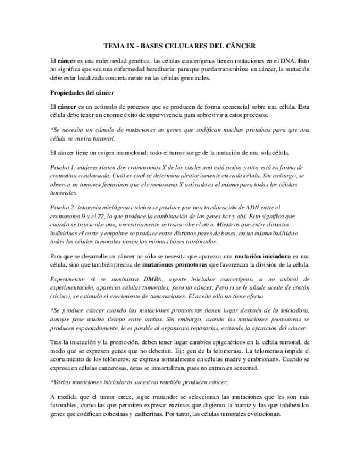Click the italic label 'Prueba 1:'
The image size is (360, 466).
[63, 167]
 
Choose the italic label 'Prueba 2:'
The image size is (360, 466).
[63, 207]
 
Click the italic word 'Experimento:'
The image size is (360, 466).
[69, 280]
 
